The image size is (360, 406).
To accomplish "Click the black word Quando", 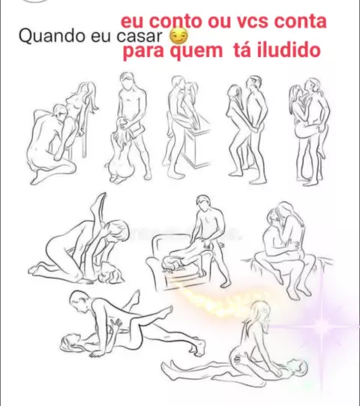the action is [52, 36].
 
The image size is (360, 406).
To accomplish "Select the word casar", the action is [139, 36].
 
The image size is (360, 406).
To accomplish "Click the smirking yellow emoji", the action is [178, 37].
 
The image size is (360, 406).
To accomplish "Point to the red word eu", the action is [132, 21].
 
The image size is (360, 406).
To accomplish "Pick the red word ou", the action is [219, 22].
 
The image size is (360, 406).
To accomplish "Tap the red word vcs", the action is [253, 22].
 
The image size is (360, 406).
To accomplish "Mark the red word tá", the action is [242, 49].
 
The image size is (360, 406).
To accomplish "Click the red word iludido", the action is [289, 49].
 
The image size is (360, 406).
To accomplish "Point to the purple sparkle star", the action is [322, 324].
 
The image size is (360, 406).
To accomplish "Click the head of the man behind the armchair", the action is [204, 203].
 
